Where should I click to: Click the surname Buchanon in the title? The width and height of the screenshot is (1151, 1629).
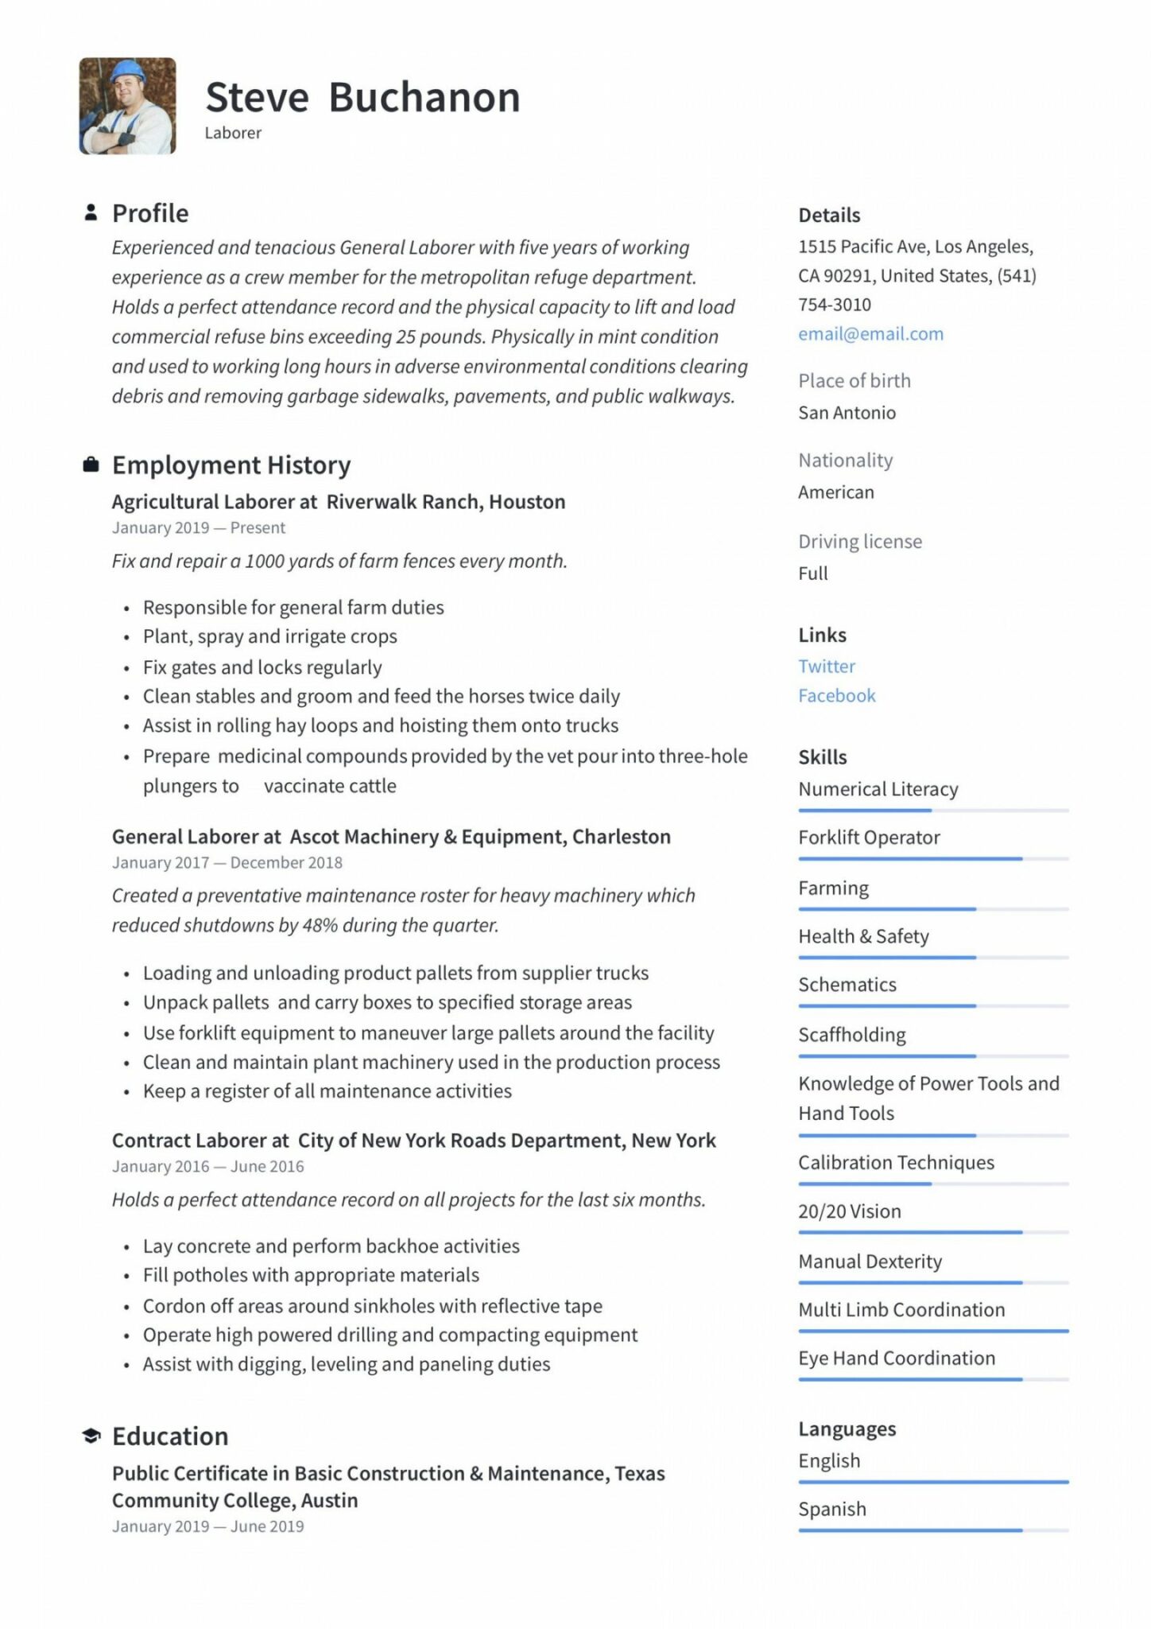424,98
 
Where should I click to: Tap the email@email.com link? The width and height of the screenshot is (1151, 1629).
870,334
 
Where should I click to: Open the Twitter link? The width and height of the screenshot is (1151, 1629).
826,667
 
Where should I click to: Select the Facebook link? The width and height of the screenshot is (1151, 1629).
836,696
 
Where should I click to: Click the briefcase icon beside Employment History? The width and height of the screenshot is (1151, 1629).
91,465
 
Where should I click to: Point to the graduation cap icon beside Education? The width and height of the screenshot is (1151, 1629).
91,1436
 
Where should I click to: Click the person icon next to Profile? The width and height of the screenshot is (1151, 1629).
91,212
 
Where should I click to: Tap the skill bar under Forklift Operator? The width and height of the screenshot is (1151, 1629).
932,859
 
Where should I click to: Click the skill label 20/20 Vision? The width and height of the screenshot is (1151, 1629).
849,1211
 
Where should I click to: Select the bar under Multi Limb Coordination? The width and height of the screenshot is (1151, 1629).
932,1331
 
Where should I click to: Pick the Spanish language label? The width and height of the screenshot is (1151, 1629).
831,1509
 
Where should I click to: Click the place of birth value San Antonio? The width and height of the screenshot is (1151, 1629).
847,413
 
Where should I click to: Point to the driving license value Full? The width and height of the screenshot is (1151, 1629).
812,573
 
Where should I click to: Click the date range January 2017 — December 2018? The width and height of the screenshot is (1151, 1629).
227,863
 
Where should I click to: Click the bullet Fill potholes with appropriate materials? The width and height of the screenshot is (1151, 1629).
310,1275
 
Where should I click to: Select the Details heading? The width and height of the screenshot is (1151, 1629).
828,216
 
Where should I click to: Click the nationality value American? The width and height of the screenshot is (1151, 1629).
835,492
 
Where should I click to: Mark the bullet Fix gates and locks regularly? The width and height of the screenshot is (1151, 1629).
262,667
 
